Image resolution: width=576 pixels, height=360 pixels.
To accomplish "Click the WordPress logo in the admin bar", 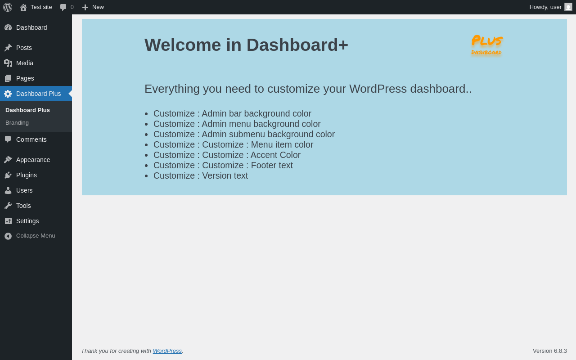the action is click(x=8, y=7).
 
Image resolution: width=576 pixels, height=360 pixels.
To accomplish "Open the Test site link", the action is click(x=36, y=7).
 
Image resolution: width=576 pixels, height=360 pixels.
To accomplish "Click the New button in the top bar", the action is click(x=93, y=7).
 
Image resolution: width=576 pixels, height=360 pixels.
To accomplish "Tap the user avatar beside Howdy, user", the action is click(x=568, y=7).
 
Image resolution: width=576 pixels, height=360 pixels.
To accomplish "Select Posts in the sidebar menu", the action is click(x=24, y=48).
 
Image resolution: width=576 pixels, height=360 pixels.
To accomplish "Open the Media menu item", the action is click(x=25, y=63).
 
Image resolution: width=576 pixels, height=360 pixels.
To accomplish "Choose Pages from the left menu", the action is click(x=25, y=78).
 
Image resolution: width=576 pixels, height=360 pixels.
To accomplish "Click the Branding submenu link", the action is click(x=17, y=123).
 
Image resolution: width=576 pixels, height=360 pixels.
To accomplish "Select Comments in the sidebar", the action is click(x=31, y=139).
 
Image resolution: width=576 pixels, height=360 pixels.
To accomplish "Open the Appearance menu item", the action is click(x=33, y=160).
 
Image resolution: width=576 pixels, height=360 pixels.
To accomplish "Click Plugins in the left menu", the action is click(x=27, y=175).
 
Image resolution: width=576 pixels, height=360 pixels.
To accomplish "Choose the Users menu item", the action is click(x=24, y=190).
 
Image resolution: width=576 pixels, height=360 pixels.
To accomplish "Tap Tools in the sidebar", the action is click(x=23, y=206).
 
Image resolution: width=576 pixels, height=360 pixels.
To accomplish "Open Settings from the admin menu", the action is click(x=27, y=221).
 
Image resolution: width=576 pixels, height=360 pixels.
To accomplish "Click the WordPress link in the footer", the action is click(x=167, y=351).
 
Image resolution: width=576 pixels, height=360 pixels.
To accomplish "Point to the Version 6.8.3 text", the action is click(x=550, y=351).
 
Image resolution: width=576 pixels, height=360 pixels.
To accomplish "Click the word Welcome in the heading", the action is click(x=183, y=45).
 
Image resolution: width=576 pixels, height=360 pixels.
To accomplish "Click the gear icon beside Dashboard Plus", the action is click(x=8, y=94).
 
